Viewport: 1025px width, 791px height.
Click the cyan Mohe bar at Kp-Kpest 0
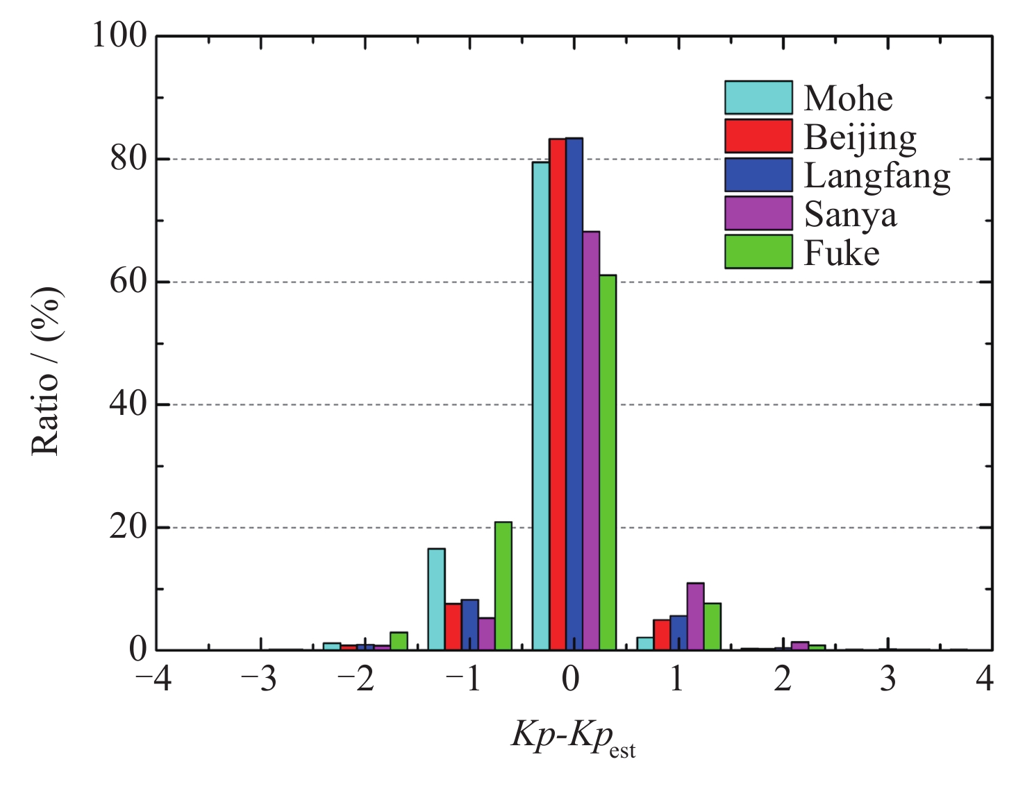(541, 406)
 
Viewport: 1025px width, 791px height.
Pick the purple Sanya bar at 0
(591, 441)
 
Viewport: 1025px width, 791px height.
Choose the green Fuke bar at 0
(608, 463)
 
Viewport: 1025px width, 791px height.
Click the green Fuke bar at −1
(503, 586)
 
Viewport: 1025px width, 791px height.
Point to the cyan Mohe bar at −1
(437, 599)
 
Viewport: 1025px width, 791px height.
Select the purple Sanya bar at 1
(696, 617)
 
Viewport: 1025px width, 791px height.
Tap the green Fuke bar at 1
(712, 627)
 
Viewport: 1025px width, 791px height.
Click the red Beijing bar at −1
(453, 627)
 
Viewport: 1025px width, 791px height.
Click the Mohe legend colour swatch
(758, 98)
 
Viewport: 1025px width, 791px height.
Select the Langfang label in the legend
(877, 176)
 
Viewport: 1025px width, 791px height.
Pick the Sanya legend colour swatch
(758, 213)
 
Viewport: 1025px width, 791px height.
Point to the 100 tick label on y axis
(120, 35)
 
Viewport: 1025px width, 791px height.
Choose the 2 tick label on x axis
(783, 679)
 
